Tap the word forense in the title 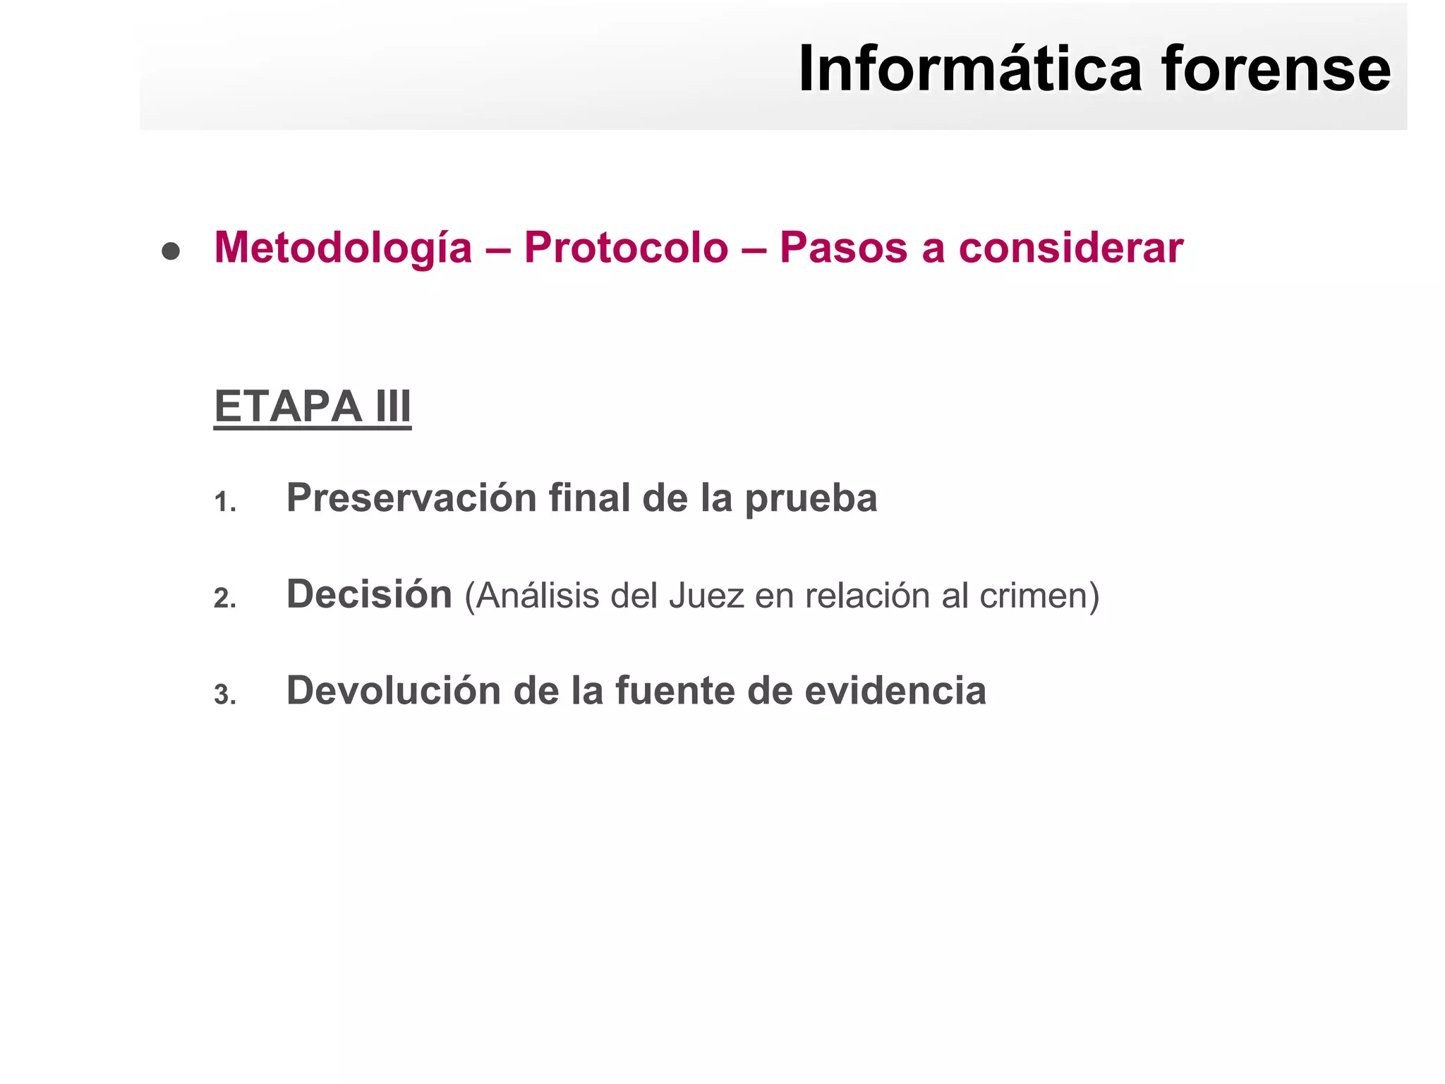pyautogui.click(x=1276, y=69)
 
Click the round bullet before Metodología pyautogui.click(x=171, y=251)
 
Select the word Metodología pyautogui.click(x=343, y=248)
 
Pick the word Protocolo pyautogui.click(x=626, y=248)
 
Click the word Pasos pyautogui.click(x=843, y=248)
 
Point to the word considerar pyautogui.click(x=1070, y=248)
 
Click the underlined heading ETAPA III pyautogui.click(x=313, y=406)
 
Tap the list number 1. pyautogui.click(x=224, y=502)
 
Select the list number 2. pyautogui.click(x=224, y=598)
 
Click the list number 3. pyautogui.click(x=224, y=695)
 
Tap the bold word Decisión pyautogui.click(x=369, y=594)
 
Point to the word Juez pyautogui.click(x=706, y=596)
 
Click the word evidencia pyautogui.click(x=895, y=690)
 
